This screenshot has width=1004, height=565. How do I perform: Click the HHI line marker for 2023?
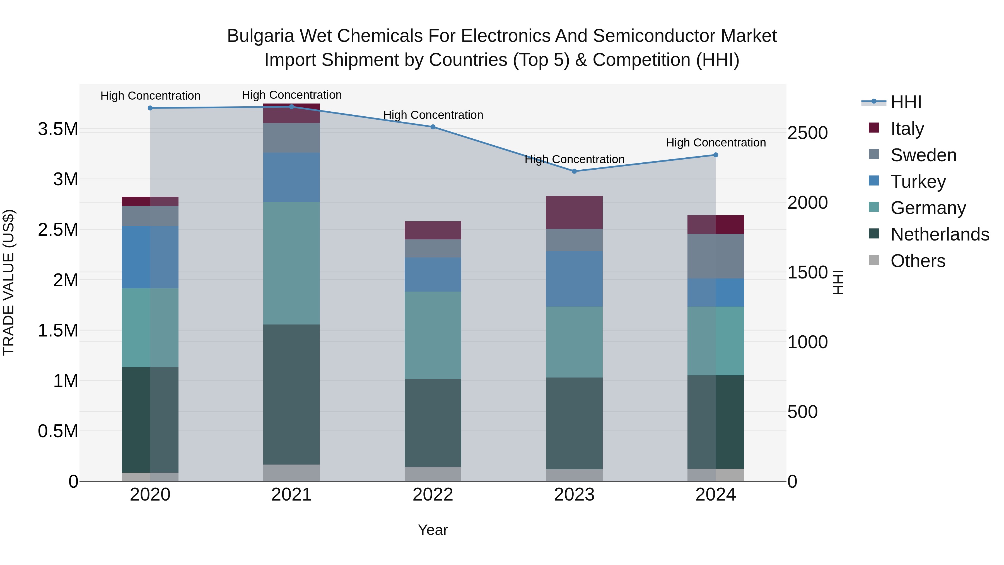pyautogui.click(x=574, y=171)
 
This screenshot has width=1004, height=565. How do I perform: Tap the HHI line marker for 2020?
pyautogui.click(x=150, y=108)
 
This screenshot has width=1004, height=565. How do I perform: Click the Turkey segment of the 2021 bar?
pyautogui.click(x=291, y=177)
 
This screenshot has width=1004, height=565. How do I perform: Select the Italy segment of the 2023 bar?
pyautogui.click(x=574, y=213)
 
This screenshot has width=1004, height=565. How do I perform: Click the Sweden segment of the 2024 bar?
pyautogui.click(x=716, y=256)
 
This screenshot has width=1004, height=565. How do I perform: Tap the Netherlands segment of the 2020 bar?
pyautogui.click(x=150, y=420)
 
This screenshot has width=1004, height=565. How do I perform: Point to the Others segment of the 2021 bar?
pyautogui.click(x=291, y=473)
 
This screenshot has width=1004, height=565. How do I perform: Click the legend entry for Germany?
pyautogui.click(x=928, y=208)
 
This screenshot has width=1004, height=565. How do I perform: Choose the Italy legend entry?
pyautogui.click(x=907, y=129)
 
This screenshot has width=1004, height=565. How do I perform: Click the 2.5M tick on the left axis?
pyautogui.click(x=58, y=230)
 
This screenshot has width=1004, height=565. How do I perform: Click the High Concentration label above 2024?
pyautogui.click(x=716, y=143)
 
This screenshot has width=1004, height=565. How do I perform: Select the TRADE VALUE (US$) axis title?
pyautogui.click(x=9, y=282)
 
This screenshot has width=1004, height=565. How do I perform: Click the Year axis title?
pyautogui.click(x=433, y=530)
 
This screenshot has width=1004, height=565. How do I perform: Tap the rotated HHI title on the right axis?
pyautogui.click(x=838, y=282)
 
